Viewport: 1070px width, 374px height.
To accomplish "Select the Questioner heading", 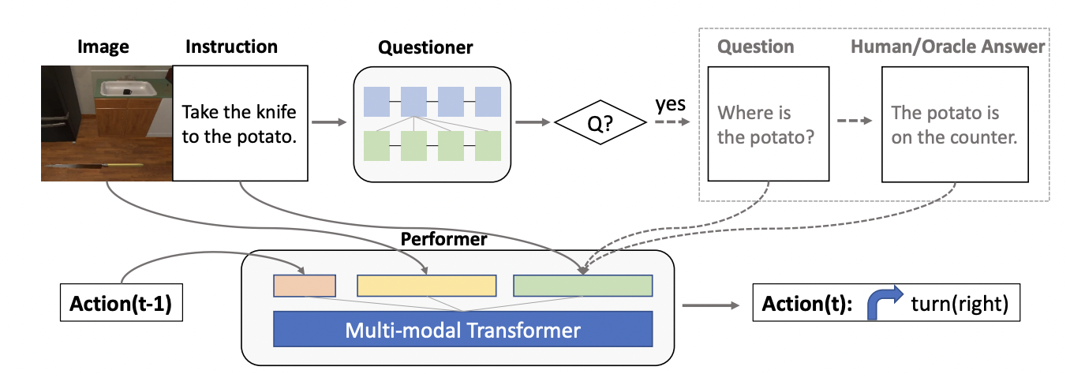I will (x=425, y=47).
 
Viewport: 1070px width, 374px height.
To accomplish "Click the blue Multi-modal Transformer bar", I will (x=462, y=329).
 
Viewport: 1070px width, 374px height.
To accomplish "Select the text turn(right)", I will (x=960, y=305).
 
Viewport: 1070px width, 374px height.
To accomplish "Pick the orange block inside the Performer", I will (x=305, y=286).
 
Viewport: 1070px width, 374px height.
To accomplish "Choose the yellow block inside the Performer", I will (x=426, y=286).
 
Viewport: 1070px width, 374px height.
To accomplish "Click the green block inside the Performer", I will (x=582, y=286).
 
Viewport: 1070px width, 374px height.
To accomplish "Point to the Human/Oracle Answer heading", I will (x=947, y=47).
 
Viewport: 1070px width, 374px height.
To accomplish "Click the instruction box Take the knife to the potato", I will (x=238, y=125).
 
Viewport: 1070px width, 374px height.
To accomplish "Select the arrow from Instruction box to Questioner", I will (x=329, y=122).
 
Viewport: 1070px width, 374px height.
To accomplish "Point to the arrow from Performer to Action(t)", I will (x=710, y=305).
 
